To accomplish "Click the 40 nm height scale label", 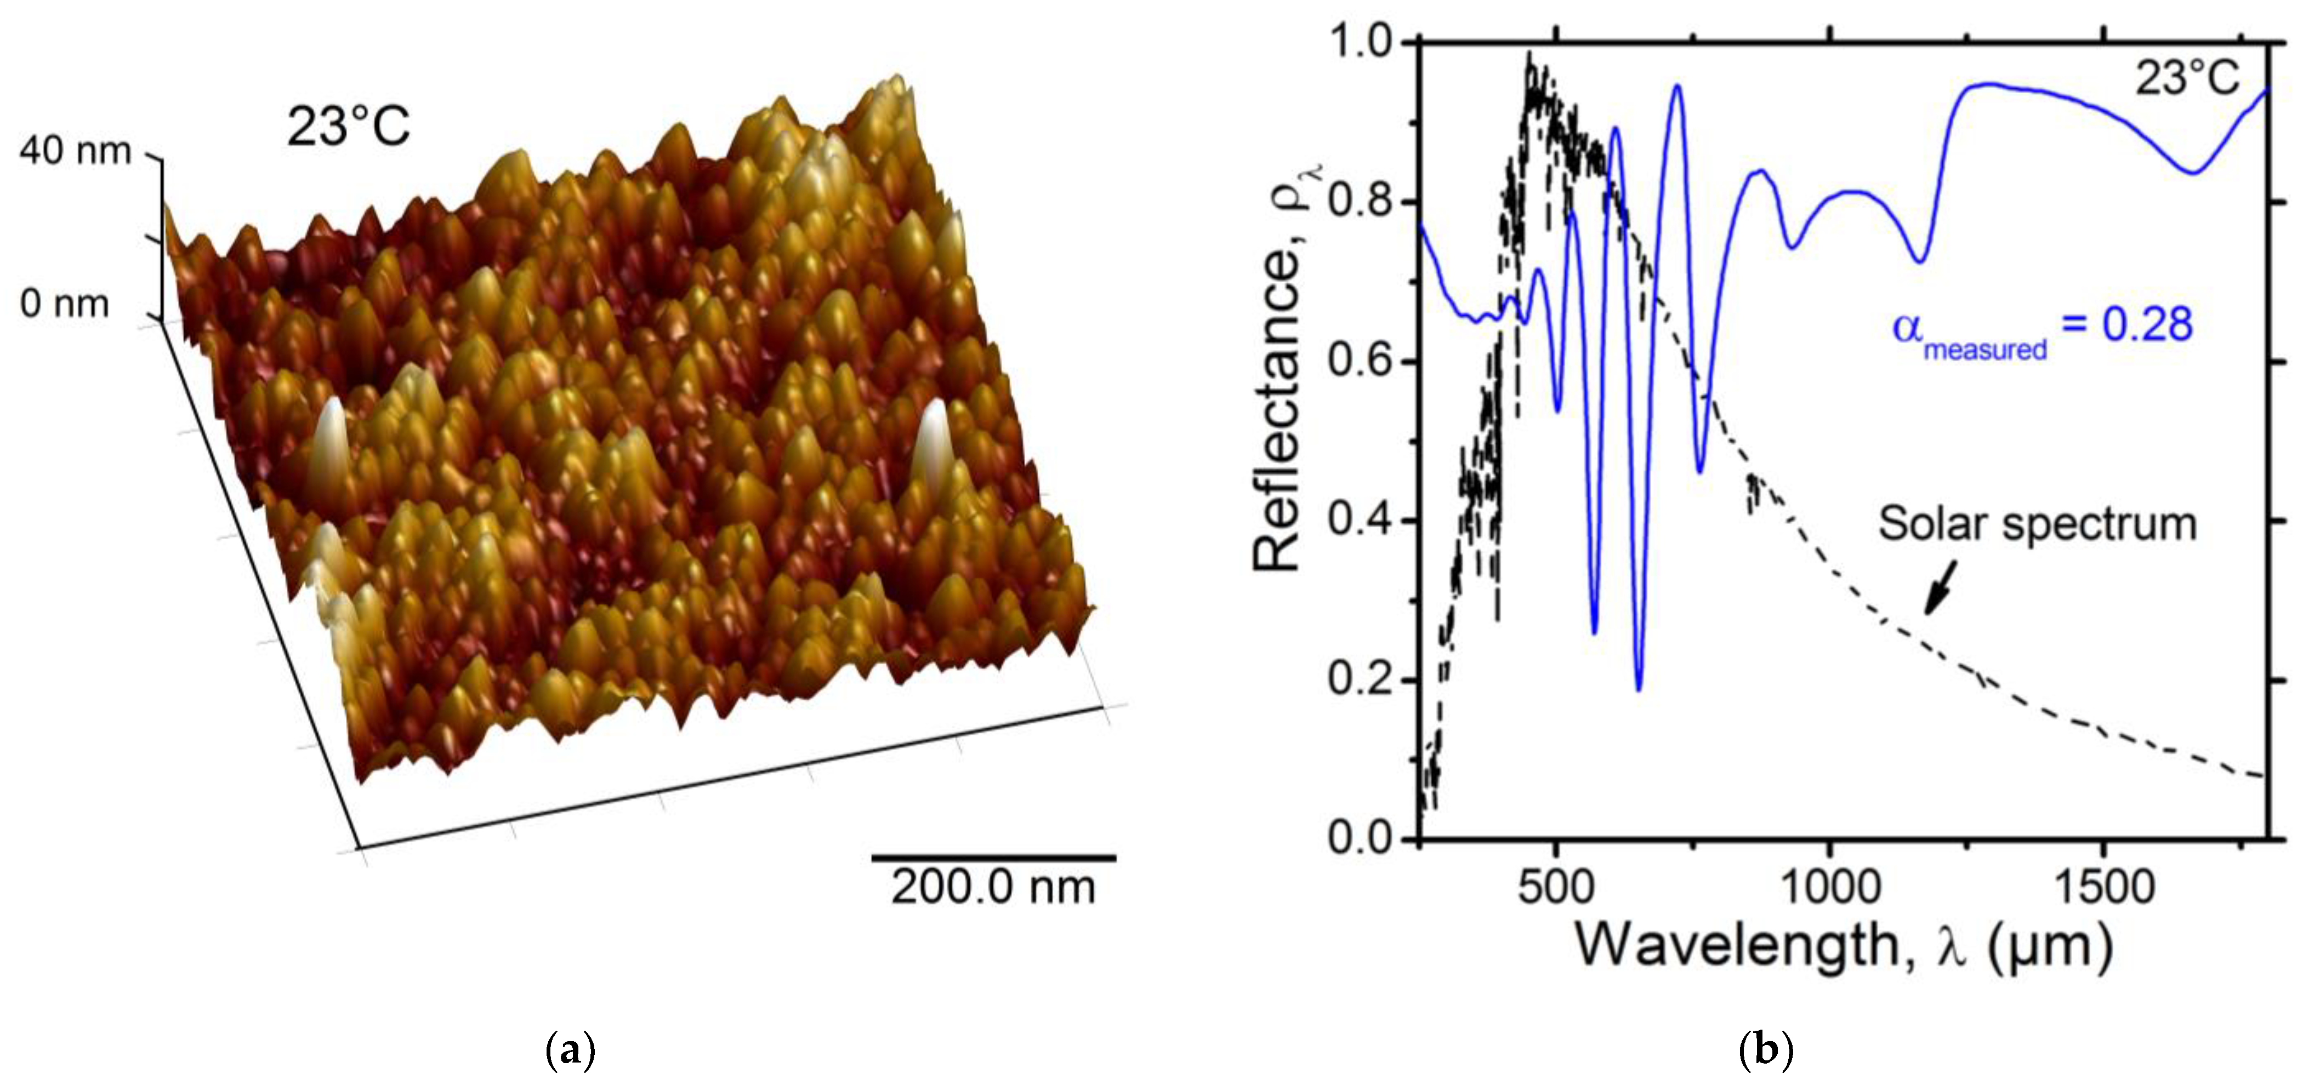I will click(x=75, y=151).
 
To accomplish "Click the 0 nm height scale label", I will click(x=64, y=304).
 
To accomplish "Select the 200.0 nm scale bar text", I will click(x=992, y=888).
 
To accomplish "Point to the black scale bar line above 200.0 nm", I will click(x=993, y=858).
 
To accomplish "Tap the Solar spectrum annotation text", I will click(x=2037, y=524).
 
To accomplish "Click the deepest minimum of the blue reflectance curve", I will click(x=1639, y=689).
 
